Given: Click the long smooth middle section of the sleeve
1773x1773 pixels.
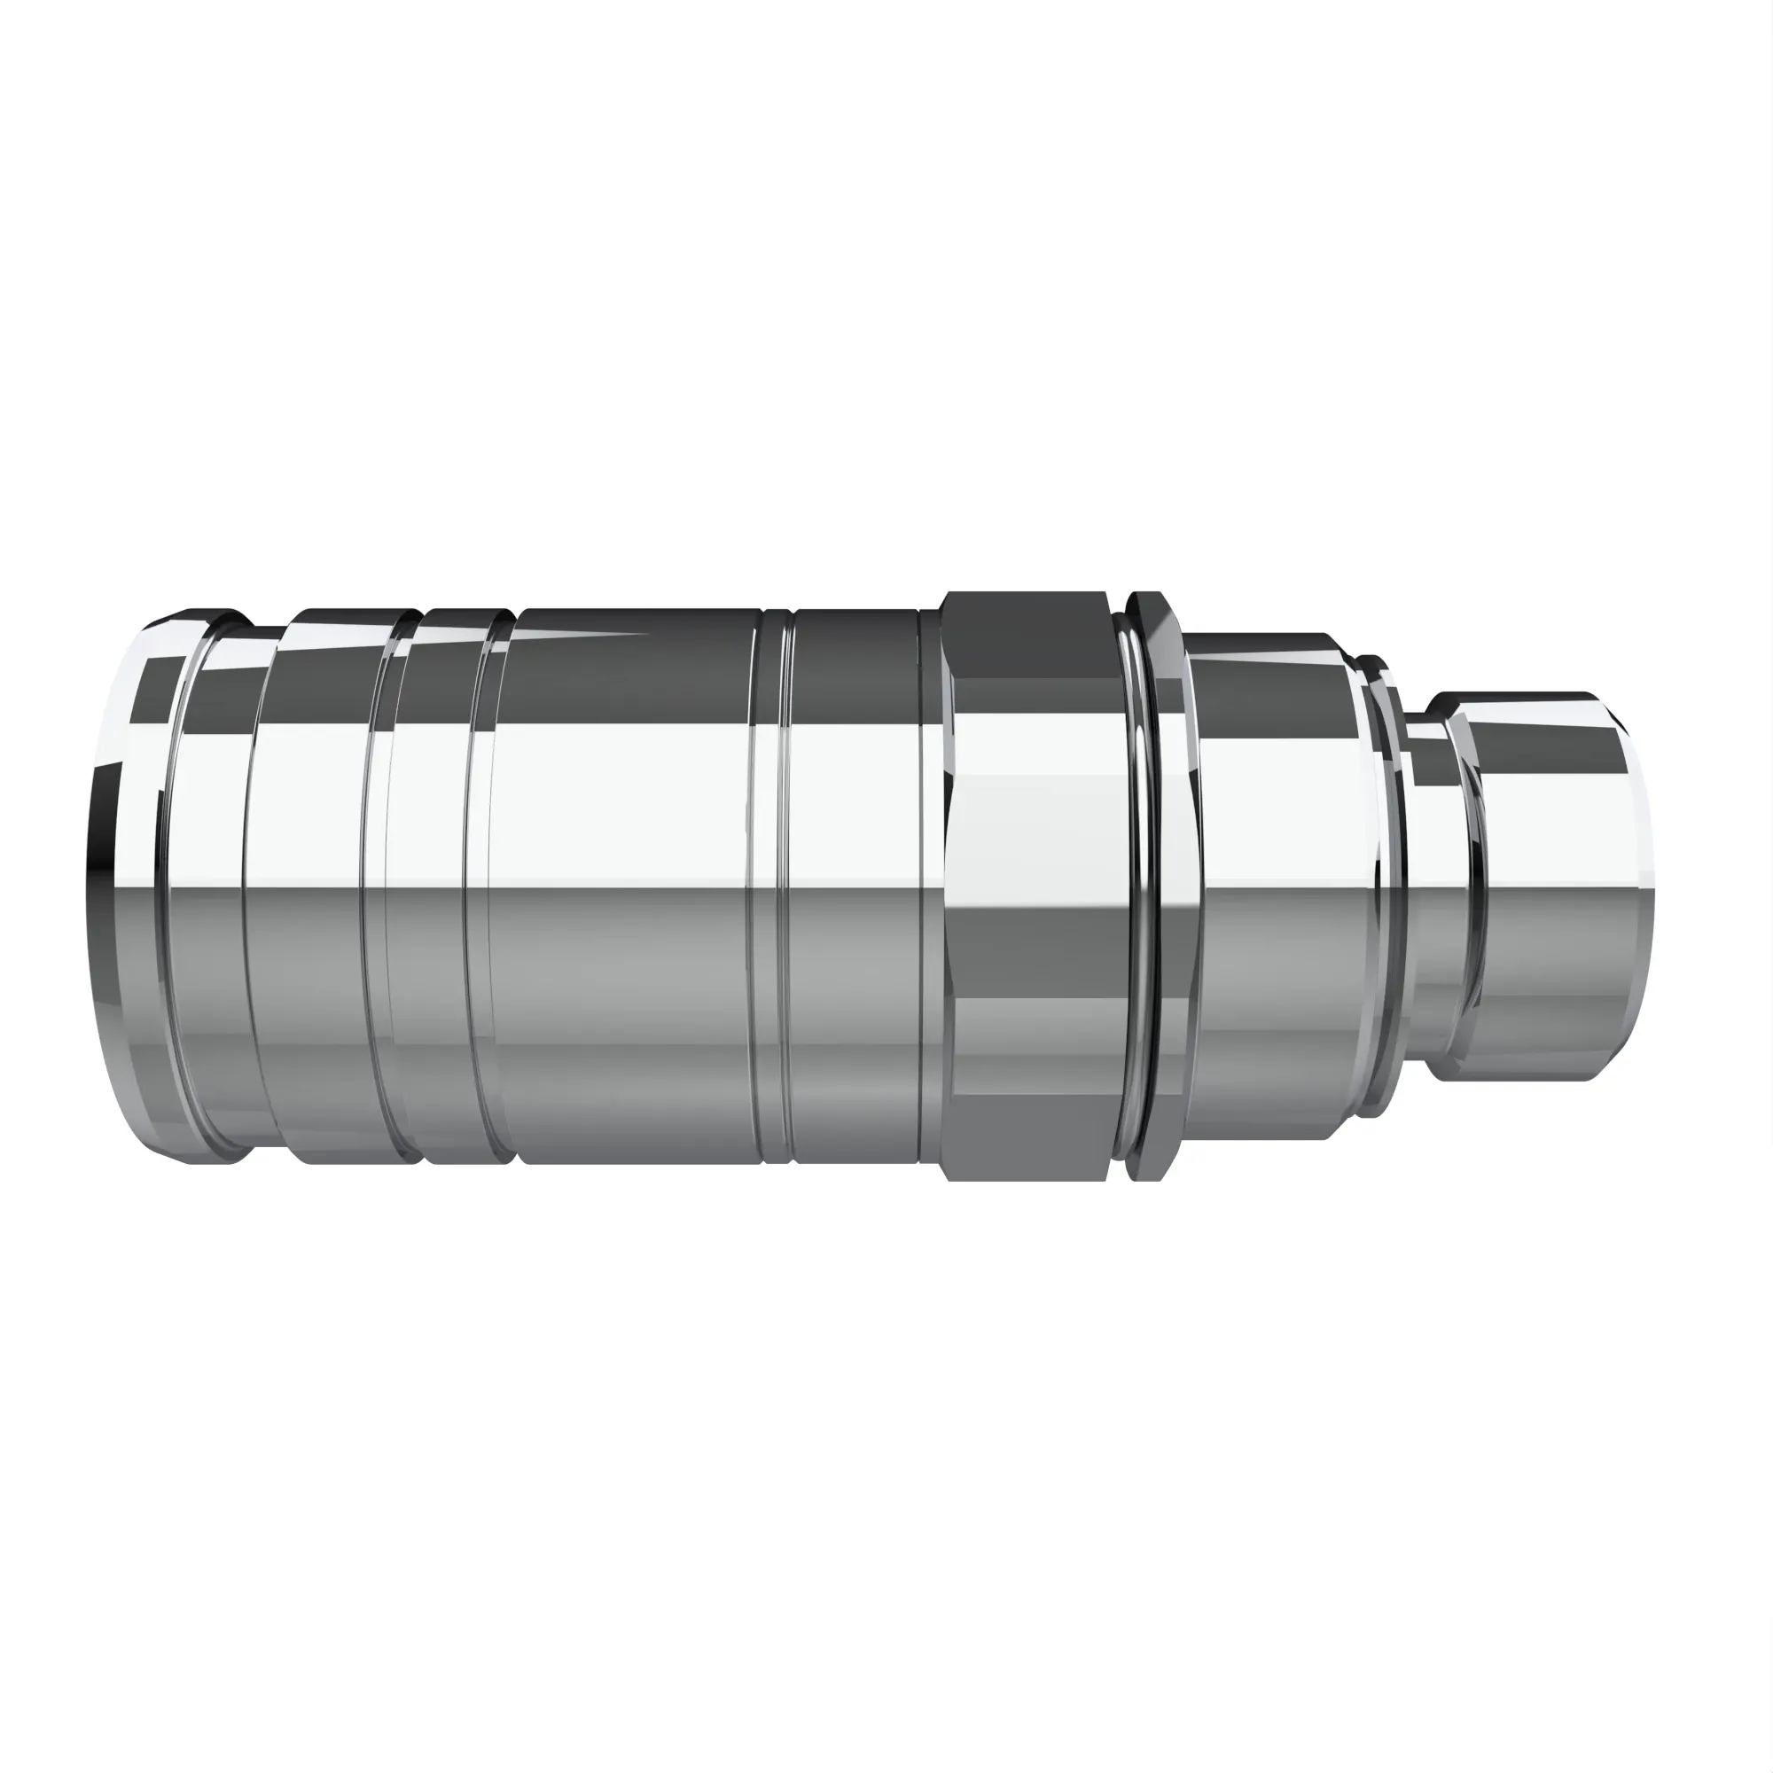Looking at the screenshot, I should pos(624,886).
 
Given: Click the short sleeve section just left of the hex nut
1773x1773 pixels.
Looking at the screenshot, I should pos(854,886).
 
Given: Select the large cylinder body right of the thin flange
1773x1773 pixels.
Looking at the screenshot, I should pos(1280,886).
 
